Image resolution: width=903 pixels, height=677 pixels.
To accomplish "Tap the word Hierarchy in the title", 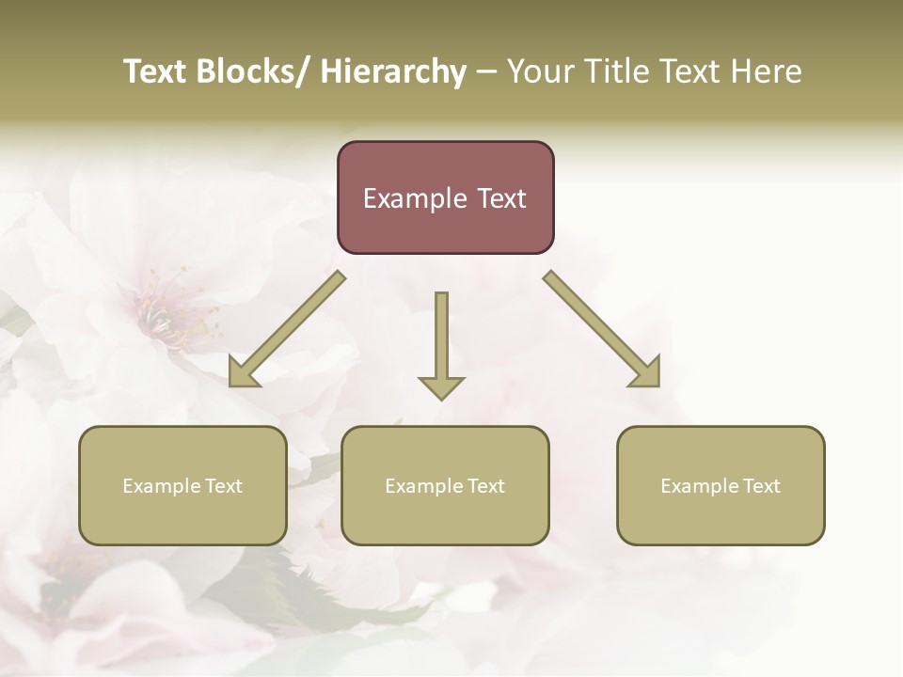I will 393,71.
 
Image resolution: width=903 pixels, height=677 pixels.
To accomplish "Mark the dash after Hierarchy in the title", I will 485,71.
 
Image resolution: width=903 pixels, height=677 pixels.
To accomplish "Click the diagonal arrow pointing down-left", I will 286,330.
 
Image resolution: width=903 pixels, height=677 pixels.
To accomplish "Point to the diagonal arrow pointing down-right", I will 602,329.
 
